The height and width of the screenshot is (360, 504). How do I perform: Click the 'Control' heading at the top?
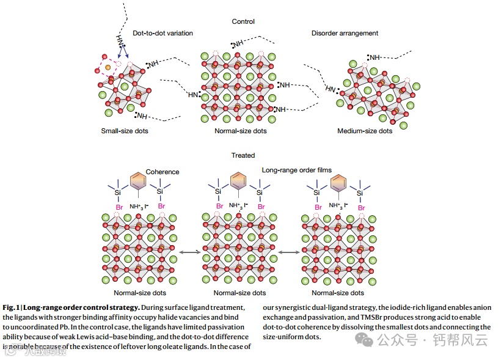coord(243,22)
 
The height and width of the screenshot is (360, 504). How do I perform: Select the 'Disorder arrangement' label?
coord(345,33)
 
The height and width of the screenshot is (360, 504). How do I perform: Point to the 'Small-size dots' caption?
coord(125,131)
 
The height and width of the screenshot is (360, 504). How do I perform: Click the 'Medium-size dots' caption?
coord(365,131)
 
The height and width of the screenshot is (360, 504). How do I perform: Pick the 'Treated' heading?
coord(243,155)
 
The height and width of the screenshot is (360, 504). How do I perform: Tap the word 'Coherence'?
coord(163,172)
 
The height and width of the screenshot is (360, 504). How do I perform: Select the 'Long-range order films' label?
coord(296,171)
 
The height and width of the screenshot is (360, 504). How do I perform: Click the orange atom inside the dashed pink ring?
coord(108,65)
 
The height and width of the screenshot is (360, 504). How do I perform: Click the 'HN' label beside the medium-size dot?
coord(331,89)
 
